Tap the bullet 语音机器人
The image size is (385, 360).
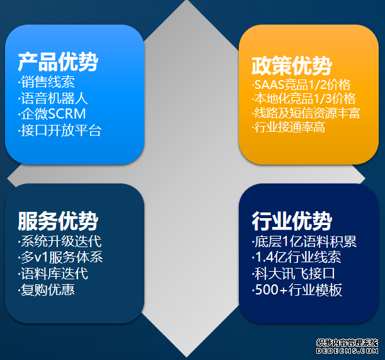pos(53,98)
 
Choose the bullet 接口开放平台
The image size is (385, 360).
pos(59,131)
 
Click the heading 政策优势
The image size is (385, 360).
pos(291,65)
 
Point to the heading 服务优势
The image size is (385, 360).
pos(58,221)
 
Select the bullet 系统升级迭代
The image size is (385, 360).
pos(59,241)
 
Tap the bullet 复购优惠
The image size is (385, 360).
pos(47,290)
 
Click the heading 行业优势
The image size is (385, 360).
pos(291,221)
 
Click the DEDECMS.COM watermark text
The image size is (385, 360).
pos(348,351)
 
